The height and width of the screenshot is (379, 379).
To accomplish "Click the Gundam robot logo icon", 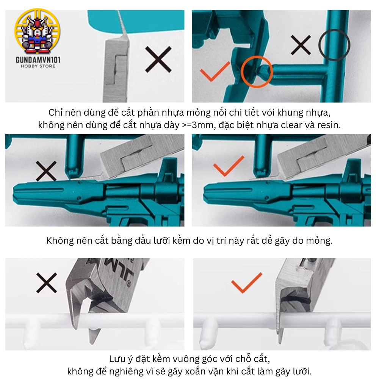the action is pos(38,31).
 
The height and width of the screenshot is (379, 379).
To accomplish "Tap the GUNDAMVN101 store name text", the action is pos(38,60).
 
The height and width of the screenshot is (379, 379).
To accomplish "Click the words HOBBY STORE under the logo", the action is pos(38,66).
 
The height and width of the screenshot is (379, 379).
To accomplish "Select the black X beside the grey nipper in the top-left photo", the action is pos(158,60).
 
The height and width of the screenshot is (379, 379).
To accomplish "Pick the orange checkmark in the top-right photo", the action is pos(215,72).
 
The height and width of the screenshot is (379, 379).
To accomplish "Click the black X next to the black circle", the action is pos(301,45).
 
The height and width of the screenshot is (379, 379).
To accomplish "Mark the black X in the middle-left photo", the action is pos(46,171).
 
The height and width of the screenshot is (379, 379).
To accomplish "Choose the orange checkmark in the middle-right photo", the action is pos(229,166).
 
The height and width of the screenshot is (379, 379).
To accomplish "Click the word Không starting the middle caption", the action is pos(60,241).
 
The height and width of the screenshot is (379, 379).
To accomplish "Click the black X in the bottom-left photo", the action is pos(47,283).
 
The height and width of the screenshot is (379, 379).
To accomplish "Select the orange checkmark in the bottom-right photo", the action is pos(247,283).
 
